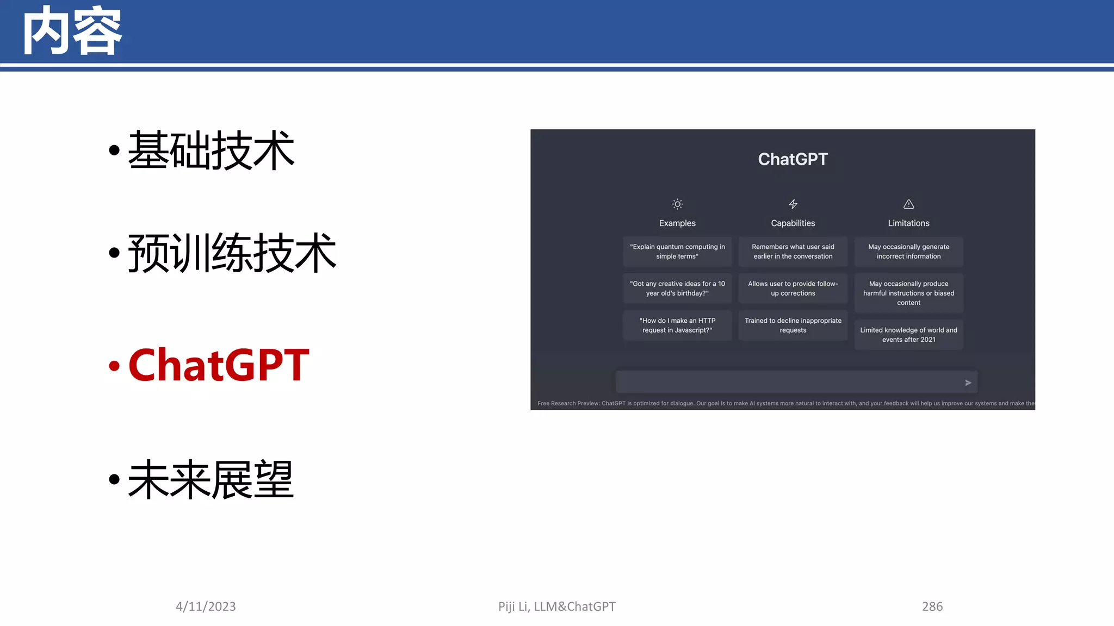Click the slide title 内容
pos(72,32)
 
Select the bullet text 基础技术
pos(211,151)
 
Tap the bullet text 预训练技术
pos(232,253)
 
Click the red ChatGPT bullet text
pos(219,365)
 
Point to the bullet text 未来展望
pos(211,479)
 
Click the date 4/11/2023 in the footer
pos(206,606)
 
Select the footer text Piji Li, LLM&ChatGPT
pos(556,606)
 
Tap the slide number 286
pos(932,606)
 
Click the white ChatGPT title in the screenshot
pos(793,159)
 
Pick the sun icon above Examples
pos(677,204)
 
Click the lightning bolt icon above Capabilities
pos(793,204)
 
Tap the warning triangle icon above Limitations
pos(908,204)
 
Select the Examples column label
pos(677,223)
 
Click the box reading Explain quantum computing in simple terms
pos(677,252)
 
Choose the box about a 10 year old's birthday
pos(677,289)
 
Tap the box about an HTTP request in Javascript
pos(677,325)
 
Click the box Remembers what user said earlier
pos(793,252)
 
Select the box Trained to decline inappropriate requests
pos(793,325)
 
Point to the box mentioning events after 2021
pos(908,335)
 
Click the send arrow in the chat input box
pos(968,383)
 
